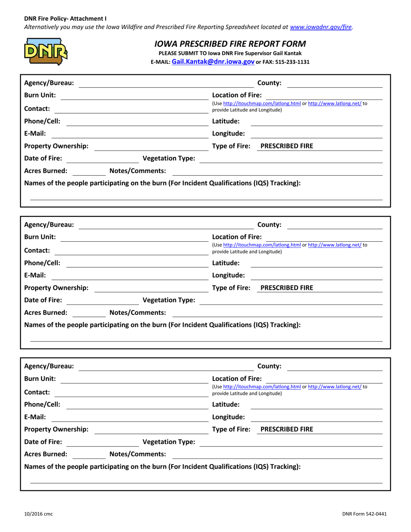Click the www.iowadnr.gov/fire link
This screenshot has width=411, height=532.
[x=321, y=27]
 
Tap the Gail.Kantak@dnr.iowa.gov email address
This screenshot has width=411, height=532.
[x=213, y=62]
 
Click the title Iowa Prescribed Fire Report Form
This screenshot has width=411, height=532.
[x=230, y=44]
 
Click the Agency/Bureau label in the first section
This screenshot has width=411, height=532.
[x=49, y=83]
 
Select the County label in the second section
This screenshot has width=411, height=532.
[x=269, y=224]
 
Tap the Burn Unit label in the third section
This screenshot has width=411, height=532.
[x=40, y=378]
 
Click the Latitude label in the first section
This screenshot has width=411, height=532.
[x=226, y=121]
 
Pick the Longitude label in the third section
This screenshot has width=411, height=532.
[x=228, y=417]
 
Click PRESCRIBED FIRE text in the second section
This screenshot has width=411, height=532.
[x=287, y=288]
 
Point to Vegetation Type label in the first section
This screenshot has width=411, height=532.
[x=169, y=158]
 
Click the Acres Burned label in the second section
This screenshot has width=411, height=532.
[x=46, y=312]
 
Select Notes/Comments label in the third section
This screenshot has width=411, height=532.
[x=138, y=454]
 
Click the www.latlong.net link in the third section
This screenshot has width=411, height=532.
[x=335, y=387]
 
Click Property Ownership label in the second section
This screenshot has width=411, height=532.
[x=56, y=288]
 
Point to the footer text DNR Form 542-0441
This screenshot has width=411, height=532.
[x=364, y=514]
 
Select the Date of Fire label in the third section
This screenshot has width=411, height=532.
[x=43, y=442]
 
